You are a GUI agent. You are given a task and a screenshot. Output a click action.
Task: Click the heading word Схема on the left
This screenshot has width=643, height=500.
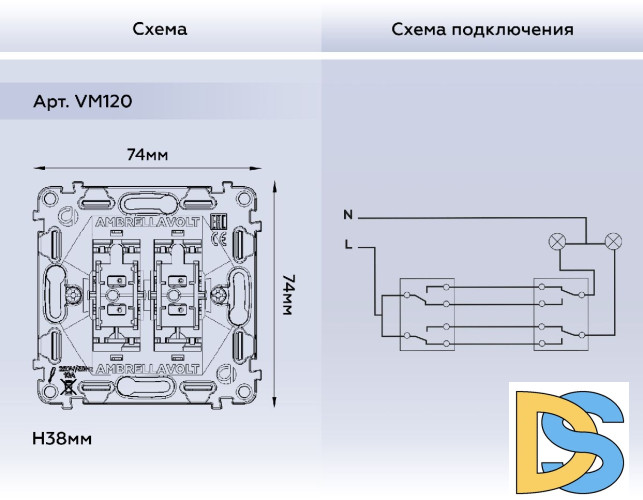click(160, 29)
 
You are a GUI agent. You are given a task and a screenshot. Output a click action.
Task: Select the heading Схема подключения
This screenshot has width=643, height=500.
click(482, 29)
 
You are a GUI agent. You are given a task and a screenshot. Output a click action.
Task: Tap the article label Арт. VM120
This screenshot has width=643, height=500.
click(83, 101)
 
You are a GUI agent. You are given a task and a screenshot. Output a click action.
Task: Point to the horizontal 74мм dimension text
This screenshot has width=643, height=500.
click(147, 155)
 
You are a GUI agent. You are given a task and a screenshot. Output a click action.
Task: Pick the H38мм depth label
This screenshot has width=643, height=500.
click(62, 439)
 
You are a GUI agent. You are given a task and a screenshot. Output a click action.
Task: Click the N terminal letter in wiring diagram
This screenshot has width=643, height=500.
click(347, 215)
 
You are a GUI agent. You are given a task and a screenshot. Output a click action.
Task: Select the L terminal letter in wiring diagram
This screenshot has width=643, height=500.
click(347, 244)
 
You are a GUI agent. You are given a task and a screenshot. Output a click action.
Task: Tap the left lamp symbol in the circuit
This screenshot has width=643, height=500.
click(558, 241)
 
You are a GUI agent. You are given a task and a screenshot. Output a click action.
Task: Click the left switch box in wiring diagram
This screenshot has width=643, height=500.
click(427, 314)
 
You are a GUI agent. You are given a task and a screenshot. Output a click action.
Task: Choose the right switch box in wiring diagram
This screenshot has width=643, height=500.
click(561, 314)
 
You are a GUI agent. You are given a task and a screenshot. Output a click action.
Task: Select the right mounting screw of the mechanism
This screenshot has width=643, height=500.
click(217, 296)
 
